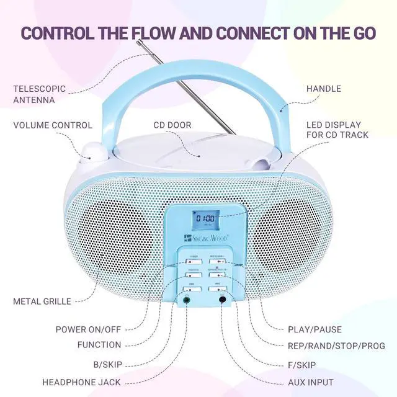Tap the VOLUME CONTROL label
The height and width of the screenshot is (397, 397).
[x=53, y=125]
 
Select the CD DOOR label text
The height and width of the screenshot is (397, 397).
[x=172, y=125]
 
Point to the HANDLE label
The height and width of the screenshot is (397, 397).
[x=323, y=89]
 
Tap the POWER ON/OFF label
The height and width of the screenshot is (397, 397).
[x=89, y=329]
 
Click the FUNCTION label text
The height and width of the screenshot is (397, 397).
[x=99, y=345]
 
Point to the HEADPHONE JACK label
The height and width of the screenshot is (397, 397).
[x=81, y=381]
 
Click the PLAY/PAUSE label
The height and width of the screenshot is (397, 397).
[x=314, y=329]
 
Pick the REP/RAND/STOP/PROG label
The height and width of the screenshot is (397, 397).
[x=336, y=346]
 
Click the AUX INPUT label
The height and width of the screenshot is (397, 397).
[x=311, y=381]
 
